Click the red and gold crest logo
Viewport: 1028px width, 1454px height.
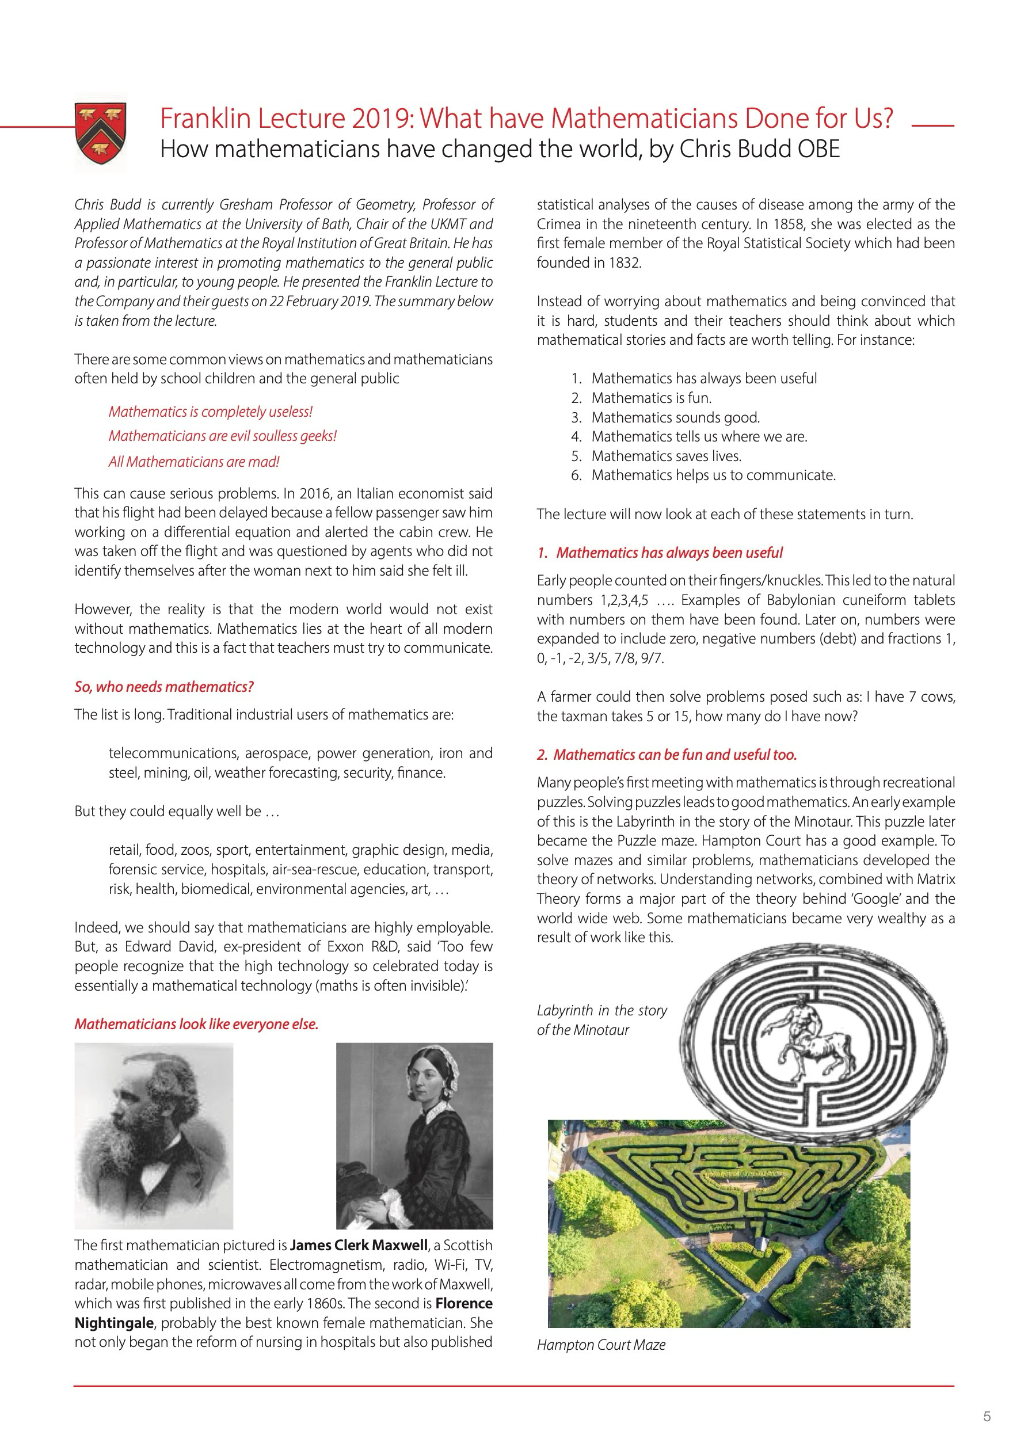click(100, 133)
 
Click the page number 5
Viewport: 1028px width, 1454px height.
click(986, 1417)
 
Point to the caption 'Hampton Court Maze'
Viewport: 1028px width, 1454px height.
click(600, 1345)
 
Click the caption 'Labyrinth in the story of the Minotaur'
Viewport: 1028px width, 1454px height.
click(601, 1019)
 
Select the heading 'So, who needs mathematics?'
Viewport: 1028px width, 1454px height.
click(163, 687)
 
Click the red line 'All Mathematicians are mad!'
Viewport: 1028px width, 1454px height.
click(193, 462)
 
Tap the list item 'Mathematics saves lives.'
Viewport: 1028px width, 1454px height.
click(666, 456)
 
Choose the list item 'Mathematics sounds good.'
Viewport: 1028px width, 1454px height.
click(675, 417)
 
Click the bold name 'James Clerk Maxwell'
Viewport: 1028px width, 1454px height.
click(359, 1245)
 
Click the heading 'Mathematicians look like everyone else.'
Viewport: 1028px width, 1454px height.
click(196, 1024)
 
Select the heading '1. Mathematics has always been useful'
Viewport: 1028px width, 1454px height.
click(660, 552)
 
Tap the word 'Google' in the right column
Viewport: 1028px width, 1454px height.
click(877, 899)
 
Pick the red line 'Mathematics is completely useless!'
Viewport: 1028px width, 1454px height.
click(210, 412)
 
